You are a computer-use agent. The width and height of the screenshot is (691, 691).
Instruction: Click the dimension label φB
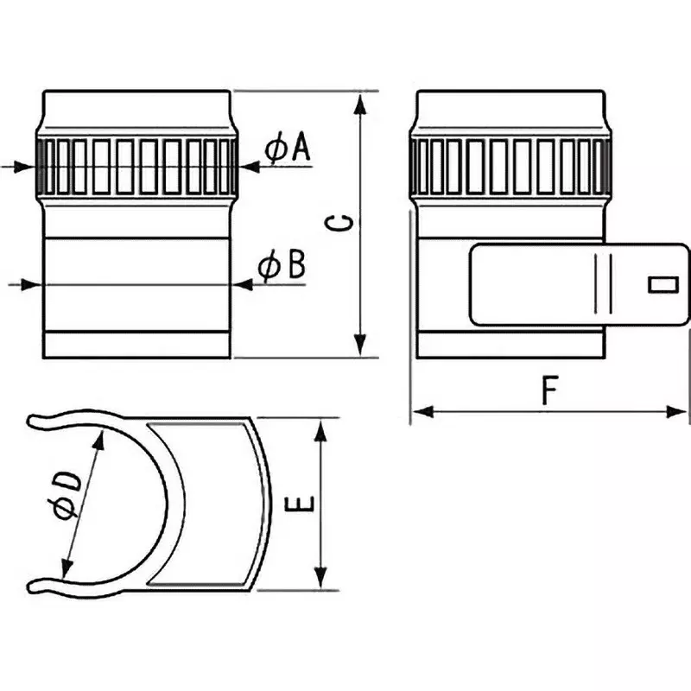[282, 266]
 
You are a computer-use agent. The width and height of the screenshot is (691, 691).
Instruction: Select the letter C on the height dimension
[342, 224]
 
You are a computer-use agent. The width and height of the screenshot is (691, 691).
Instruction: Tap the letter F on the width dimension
[547, 390]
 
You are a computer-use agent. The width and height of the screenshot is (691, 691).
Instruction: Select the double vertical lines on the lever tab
[604, 283]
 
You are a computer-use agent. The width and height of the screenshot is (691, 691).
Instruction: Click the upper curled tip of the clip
[39, 421]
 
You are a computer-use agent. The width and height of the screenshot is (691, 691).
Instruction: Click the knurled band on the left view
[136, 166]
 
